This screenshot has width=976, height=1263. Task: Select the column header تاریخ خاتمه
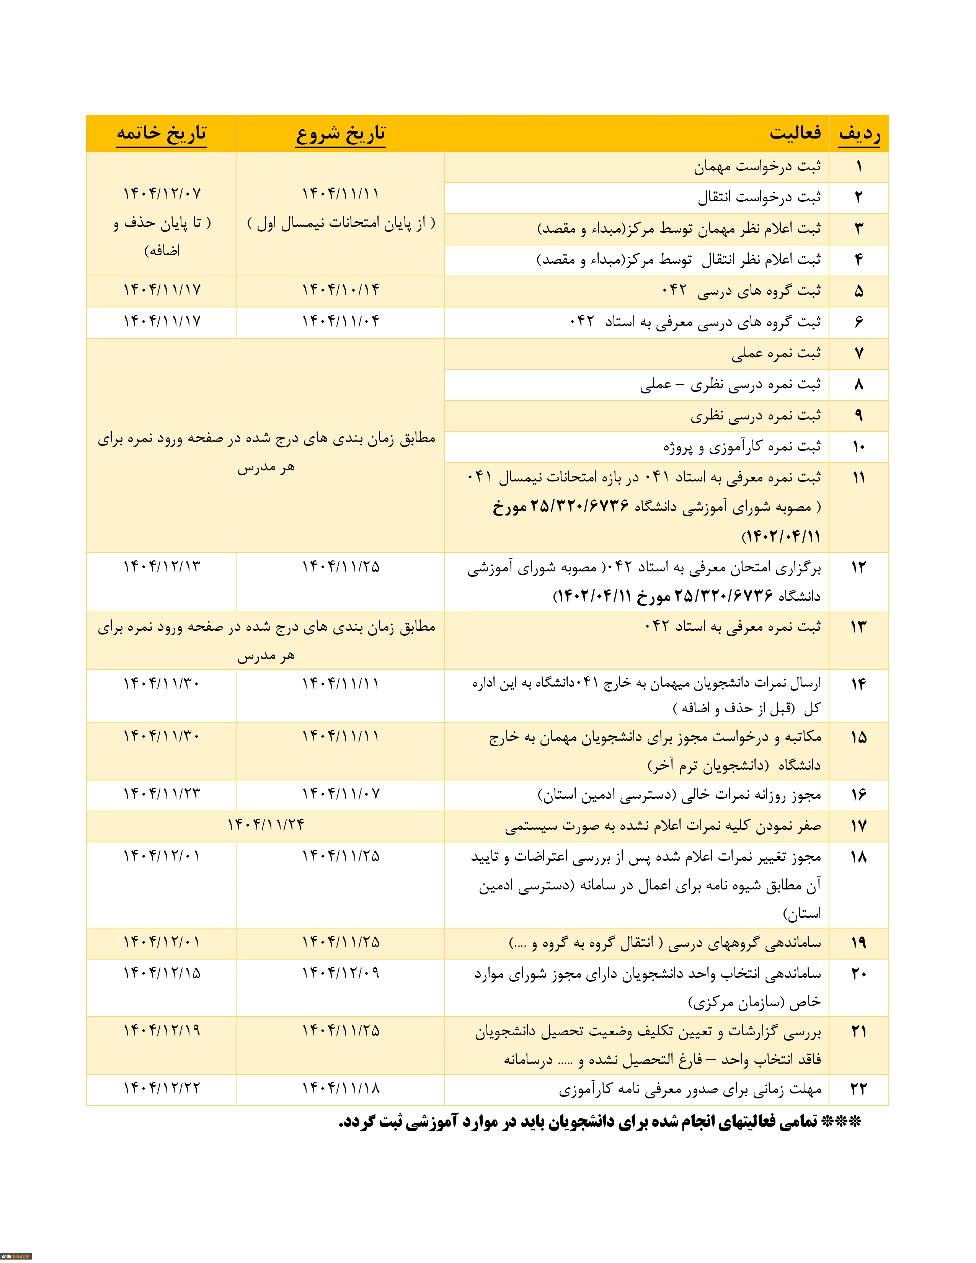coord(161,134)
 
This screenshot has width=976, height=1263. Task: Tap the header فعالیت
coord(795,133)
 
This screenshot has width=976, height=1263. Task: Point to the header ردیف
coord(859,134)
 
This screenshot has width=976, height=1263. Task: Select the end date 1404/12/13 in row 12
coord(161,567)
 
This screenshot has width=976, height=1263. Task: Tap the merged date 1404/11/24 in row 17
coord(265,825)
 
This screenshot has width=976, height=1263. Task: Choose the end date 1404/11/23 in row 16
coord(161,794)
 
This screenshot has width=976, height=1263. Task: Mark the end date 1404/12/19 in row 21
coord(161,1031)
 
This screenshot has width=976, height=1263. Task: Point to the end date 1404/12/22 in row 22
coord(161,1088)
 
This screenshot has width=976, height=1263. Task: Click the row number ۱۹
coord(858,943)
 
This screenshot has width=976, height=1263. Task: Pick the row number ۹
coord(858,416)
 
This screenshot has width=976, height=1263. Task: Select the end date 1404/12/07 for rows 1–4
coord(161,194)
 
